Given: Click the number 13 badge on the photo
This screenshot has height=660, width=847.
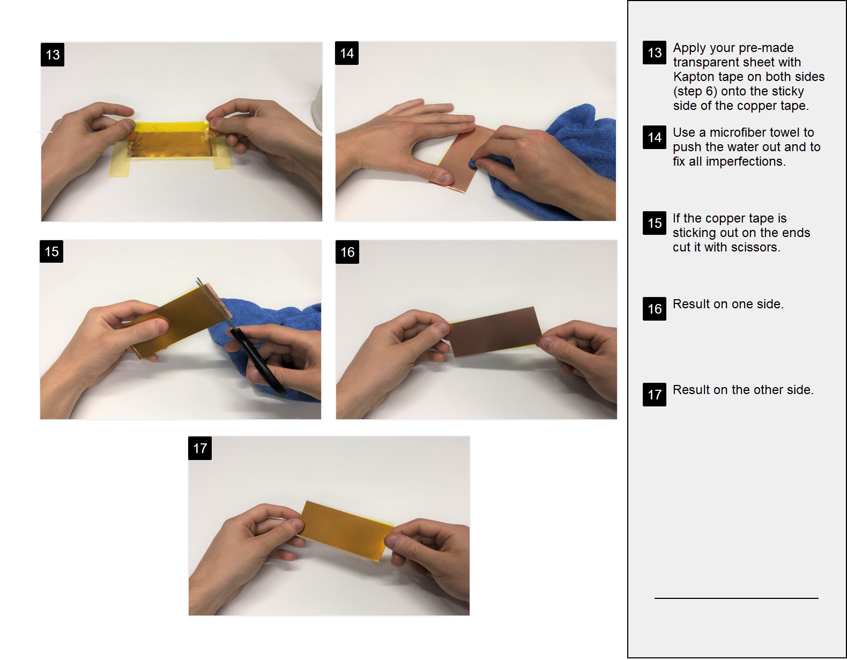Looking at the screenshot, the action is pos(53,55).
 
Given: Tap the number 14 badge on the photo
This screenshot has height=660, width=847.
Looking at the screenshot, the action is pos(346,53).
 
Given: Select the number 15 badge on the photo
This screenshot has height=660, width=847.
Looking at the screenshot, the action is pos(51,251).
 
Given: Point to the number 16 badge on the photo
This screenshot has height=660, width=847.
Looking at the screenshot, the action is pos(347,252).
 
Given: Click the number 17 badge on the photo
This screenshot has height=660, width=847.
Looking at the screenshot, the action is pos(200,448).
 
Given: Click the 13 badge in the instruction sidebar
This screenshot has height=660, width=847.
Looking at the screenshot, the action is pos(655,53).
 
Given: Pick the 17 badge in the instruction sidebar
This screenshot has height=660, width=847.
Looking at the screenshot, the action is pos(655,395).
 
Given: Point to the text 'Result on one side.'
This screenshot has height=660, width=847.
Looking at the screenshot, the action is pos(728,304).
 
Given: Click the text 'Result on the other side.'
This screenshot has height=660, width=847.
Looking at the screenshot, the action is pos(744,390).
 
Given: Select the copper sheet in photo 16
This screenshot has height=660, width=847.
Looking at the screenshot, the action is pos(495,331).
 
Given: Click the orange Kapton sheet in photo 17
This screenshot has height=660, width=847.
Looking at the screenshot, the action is pos(347,531).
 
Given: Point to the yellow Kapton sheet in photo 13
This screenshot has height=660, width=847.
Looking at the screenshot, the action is pos(172,139).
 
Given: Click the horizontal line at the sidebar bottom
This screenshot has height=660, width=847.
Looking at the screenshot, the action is pos(737,598).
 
